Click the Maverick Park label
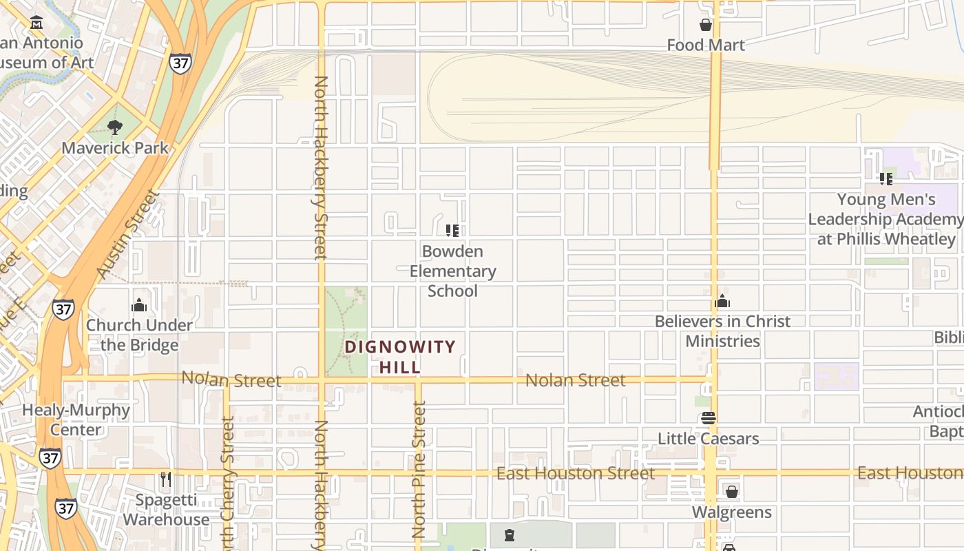click(115, 148)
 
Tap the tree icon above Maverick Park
click(115, 127)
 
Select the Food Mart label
click(706, 45)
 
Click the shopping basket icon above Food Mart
click(706, 25)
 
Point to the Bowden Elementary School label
click(452, 271)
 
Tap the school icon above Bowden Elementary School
click(452, 230)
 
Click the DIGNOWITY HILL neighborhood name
click(400, 357)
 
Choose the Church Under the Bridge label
click(139, 335)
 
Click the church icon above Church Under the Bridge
click(139, 304)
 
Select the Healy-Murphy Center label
click(76, 419)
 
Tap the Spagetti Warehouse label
click(165, 510)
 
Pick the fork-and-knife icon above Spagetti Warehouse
click(165, 479)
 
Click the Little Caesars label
click(709, 439)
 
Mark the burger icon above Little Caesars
click(709, 418)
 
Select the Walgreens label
click(731, 512)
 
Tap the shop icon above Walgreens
click(731, 492)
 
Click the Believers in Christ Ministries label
click(722, 331)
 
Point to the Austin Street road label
click(129, 234)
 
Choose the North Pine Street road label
click(419, 470)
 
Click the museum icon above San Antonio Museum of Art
click(36, 23)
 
